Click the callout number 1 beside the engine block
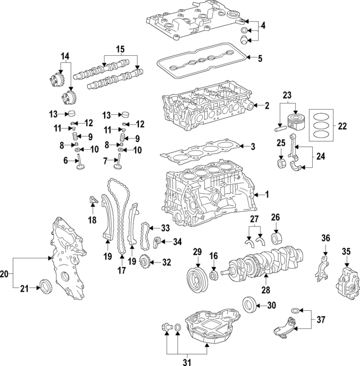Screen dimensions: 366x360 pos(267,195)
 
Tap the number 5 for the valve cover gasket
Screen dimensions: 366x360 pos(260,57)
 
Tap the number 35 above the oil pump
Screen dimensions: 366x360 pos(346,251)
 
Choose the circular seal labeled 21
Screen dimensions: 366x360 pos(44,286)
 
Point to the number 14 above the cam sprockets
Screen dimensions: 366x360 pos(65,56)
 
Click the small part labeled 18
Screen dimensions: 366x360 pos(92,199)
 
